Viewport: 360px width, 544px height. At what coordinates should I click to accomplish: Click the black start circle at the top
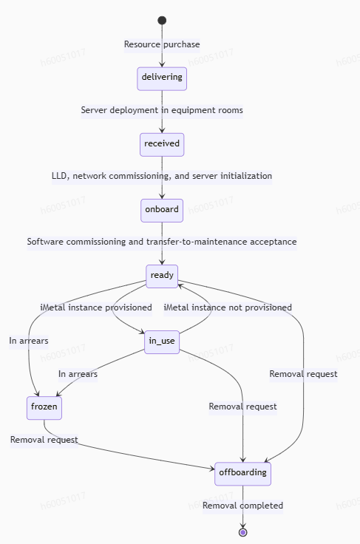click(x=162, y=21)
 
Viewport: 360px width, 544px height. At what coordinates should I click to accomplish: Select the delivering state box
click(x=162, y=79)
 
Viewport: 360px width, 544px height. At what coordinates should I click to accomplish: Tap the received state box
click(x=162, y=145)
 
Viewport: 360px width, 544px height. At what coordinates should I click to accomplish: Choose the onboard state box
click(x=162, y=211)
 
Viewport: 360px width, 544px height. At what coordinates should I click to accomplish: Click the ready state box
click(x=162, y=276)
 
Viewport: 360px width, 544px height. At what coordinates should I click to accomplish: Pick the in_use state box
click(x=162, y=342)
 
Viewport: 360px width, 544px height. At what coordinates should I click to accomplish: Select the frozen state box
click(x=44, y=408)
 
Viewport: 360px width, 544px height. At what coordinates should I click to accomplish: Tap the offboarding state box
click(x=242, y=474)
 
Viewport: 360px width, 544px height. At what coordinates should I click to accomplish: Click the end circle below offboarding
click(x=242, y=532)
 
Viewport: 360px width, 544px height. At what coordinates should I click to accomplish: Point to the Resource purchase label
click(x=162, y=44)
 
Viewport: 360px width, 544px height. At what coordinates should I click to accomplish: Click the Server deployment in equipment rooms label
click(x=162, y=110)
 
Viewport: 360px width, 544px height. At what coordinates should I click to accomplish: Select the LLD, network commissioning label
click(x=162, y=176)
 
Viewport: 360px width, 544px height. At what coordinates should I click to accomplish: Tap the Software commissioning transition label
click(x=162, y=242)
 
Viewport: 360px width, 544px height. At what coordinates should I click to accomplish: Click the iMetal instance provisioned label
click(x=96, y=307)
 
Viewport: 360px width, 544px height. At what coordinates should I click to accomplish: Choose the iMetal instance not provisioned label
click(x=228, y=307)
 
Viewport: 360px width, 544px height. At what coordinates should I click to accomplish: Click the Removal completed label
click(x=242, y=506)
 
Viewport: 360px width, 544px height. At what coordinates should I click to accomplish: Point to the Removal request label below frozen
click(x=44, y=440)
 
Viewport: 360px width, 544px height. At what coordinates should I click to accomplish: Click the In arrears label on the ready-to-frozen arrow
click(x=29, y=341)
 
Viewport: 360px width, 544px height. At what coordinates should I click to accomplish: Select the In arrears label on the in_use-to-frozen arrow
click(x=78, y=374)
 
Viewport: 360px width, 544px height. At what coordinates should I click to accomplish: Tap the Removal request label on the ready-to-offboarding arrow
click(x=304, y=374)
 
